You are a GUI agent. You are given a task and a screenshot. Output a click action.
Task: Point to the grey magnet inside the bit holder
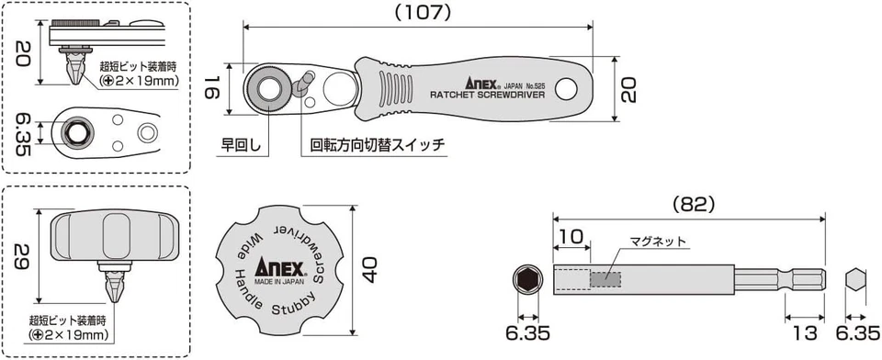click(x=605, y=277)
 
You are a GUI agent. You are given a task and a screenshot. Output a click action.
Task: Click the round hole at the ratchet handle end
click(x=565, y=90)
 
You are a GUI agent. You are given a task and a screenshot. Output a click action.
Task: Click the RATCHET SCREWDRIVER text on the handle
click(x=487, y=96)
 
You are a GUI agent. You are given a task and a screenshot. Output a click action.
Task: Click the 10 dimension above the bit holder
click(x=571, y=237)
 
